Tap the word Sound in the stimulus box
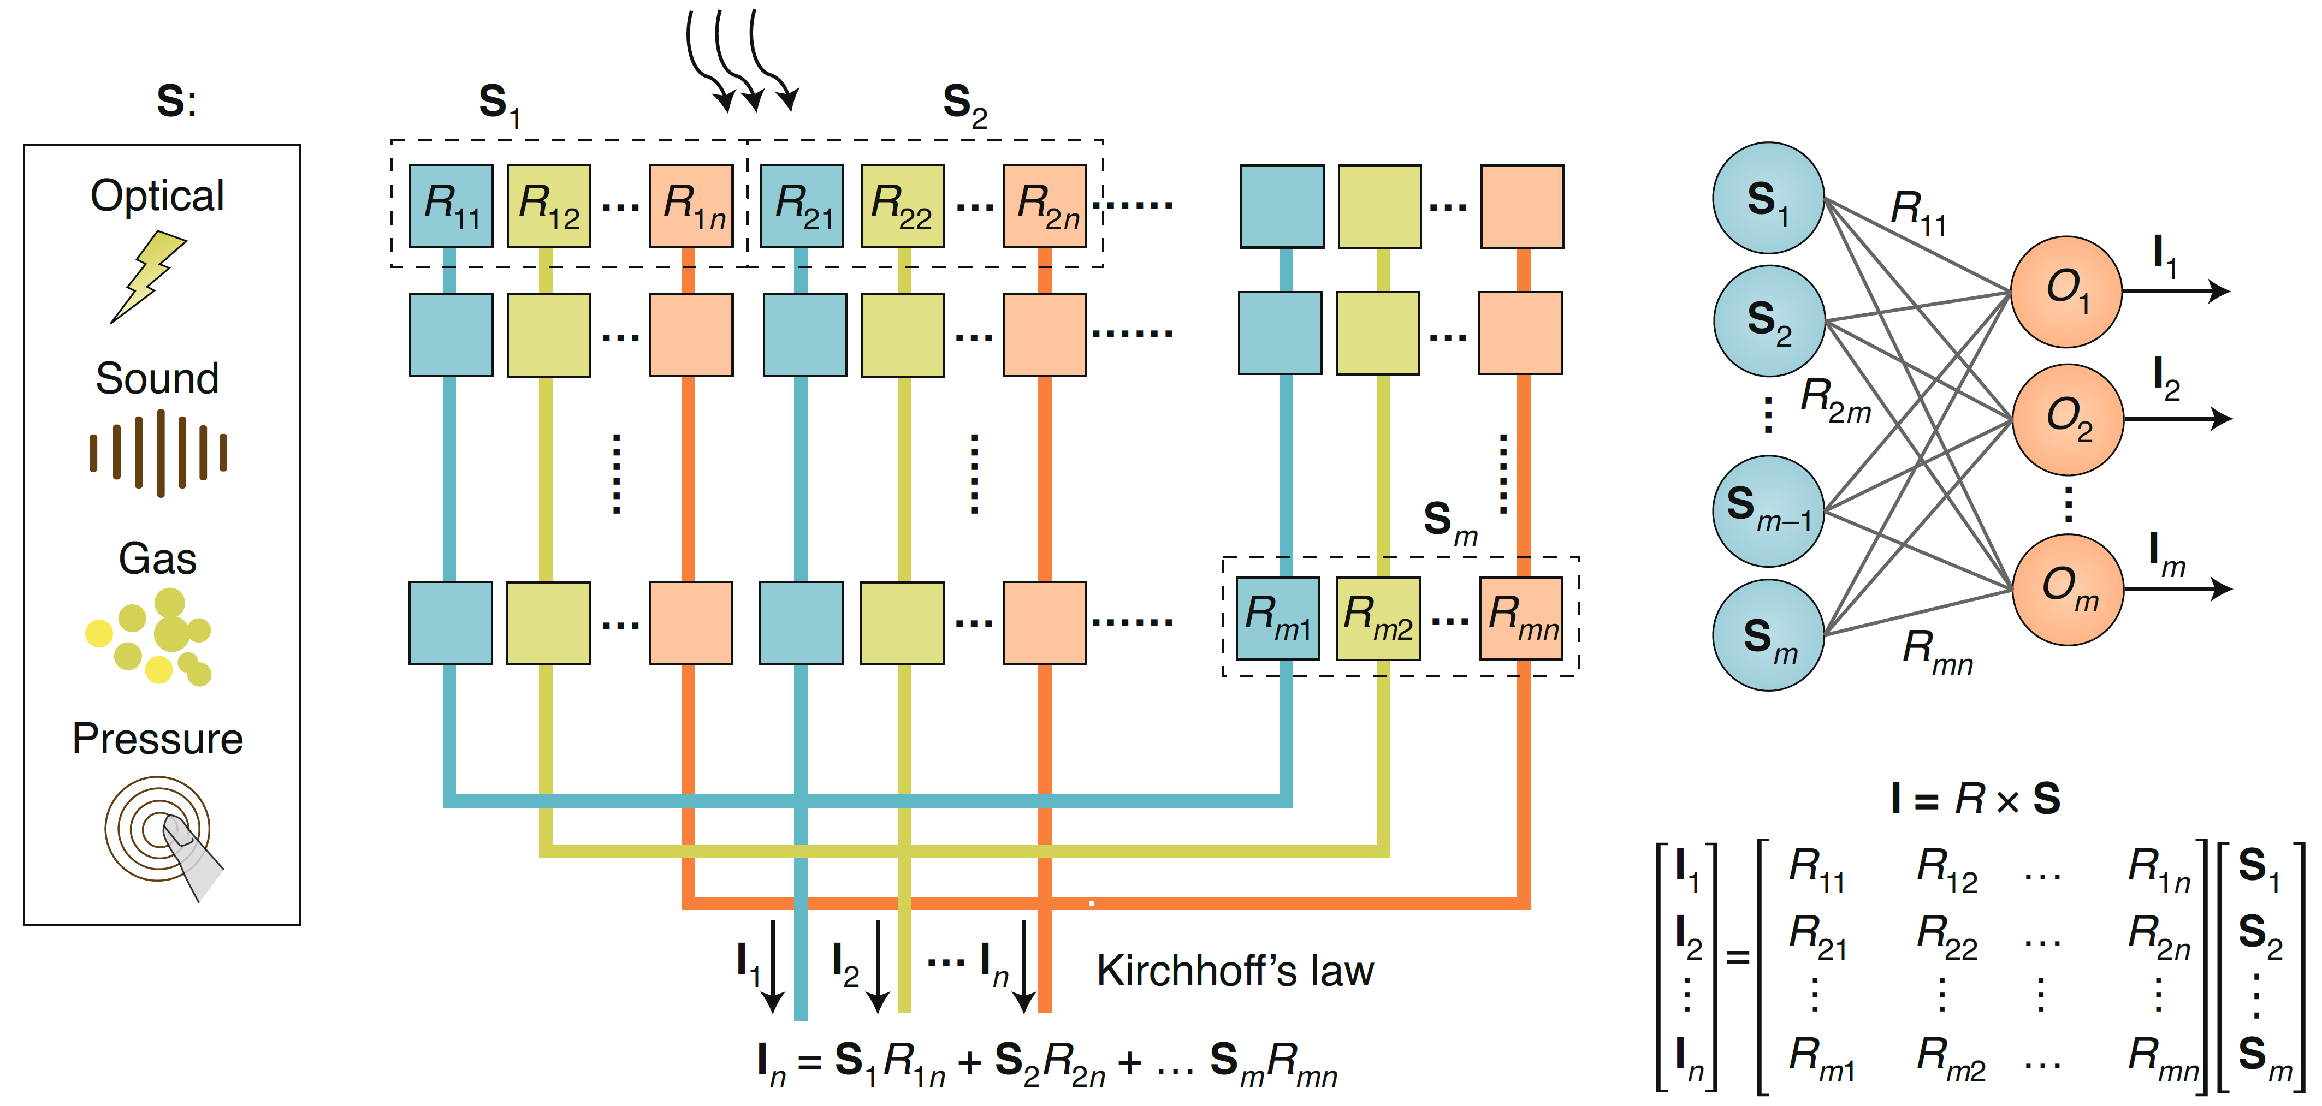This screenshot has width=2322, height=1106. click(x=158, y=378)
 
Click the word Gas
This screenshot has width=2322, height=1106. click(x=158, y=559)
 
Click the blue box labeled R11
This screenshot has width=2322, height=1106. click(x=451, y=205)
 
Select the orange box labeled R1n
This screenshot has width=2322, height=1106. click(x=691, y=205)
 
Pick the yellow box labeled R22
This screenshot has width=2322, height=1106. click(x=902, y=205)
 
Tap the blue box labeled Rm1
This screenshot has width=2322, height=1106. click(x=1277, y=619)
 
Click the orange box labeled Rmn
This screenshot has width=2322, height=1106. click(x=1521, y=619)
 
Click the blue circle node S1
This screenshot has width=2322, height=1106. click(x=1769, y=198)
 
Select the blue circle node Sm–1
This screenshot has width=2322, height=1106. click(x=1769, y=511)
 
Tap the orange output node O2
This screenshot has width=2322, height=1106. click(x=2068, y=419)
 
